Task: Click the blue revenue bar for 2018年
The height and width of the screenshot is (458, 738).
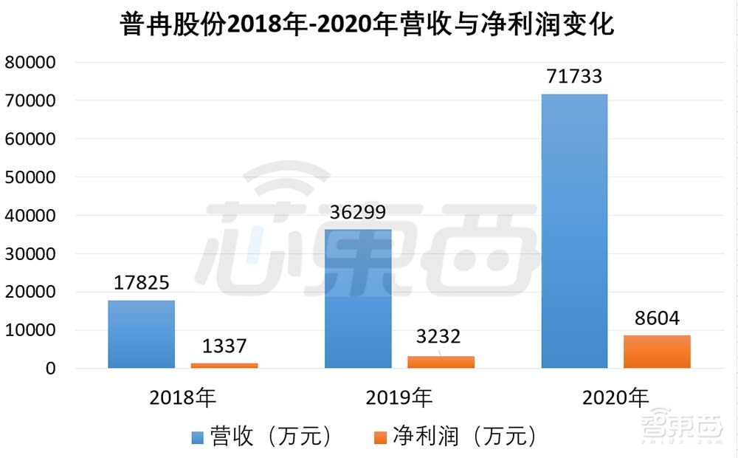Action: [x=142, y=334]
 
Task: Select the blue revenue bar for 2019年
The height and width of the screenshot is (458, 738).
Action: [x=359, y=298]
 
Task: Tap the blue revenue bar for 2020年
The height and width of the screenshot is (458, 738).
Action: [x=575, y=230]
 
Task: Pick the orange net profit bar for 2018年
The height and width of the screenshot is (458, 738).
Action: [x=224, y=365]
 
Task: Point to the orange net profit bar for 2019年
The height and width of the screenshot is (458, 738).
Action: [x=441, y=362]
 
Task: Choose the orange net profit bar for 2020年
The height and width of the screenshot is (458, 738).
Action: [x=658, y=352]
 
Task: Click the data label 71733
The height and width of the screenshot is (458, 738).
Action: [x=575, y=77]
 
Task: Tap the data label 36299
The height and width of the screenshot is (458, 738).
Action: [x=359, y=213]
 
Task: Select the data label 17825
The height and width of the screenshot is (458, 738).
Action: [x=142, y=283]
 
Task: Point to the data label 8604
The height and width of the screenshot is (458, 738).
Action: [x=657, y=318]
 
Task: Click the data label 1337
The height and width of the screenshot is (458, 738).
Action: [x=224, y=346]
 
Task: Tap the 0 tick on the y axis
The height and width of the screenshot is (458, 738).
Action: [x=50, y=368]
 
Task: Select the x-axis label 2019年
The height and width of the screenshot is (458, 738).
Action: [x=399, y=398]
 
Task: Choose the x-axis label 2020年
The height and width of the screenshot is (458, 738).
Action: [x=615, y=398]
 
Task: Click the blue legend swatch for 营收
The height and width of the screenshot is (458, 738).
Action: [x=198, y=438]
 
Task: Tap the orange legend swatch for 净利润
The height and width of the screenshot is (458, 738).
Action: [x=380, y=438]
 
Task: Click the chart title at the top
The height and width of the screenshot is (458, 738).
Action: [x=367, y=26]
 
